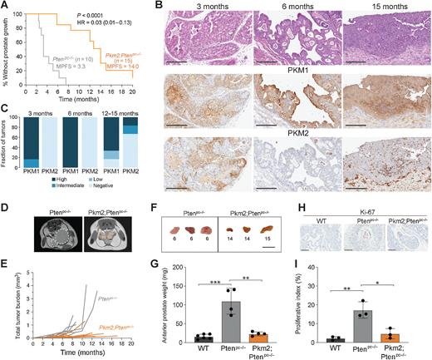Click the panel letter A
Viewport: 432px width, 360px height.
(6, 6)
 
